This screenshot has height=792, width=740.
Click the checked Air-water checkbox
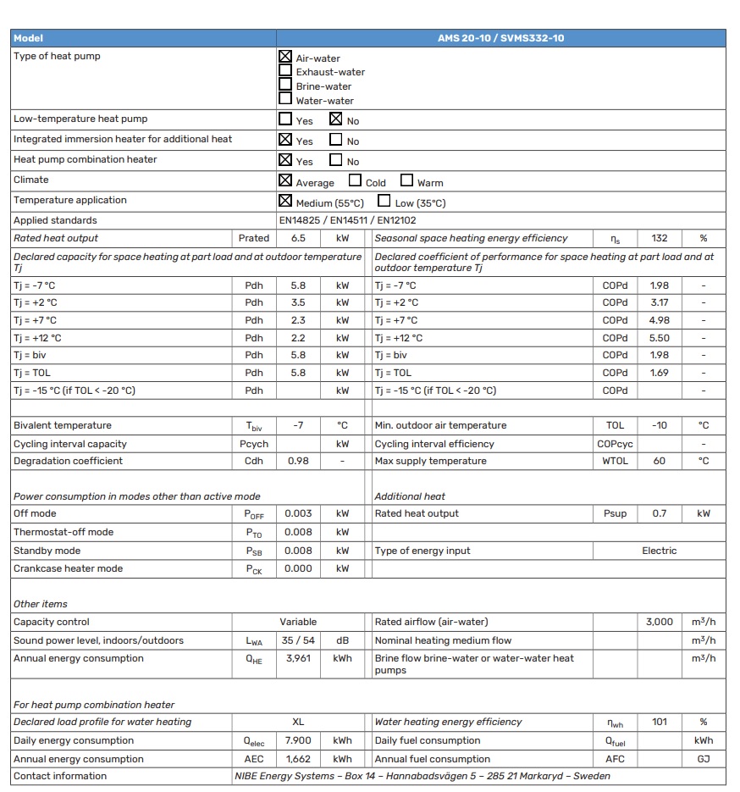[285, 57]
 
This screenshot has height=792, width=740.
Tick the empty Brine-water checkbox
[285, 85]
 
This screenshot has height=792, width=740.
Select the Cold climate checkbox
[356, 180]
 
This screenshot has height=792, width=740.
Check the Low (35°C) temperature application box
[384, 201]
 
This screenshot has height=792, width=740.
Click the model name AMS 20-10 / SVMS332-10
[501, 38]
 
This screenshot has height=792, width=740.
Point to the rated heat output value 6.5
[298, 238]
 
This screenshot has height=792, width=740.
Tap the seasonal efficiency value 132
[660, 238]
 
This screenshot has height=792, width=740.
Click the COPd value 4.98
[660, 320]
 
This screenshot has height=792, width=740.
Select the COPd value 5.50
[660, 338]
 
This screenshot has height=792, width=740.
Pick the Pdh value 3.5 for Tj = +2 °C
[298, 302]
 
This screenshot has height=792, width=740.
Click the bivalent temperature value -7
[298, 425]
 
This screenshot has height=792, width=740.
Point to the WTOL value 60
[660, 461]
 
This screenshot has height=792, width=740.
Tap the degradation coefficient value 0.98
[298, 461]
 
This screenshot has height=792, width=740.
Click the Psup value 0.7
[660, 513]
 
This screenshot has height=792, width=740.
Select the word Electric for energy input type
[660, 551]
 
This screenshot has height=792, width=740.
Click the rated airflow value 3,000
[660, 622]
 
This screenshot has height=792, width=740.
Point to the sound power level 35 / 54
[298, 640]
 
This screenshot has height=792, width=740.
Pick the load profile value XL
[298, 722]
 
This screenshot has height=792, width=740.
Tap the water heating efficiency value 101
[660, 722]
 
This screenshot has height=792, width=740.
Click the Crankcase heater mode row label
[68, 568]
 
